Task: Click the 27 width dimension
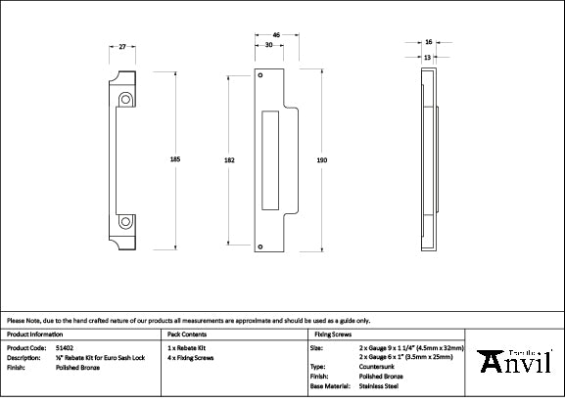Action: pyautogui.click(x=120, y=46)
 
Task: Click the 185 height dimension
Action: pyautogui.click(x=175, y=157)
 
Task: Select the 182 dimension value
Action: pyautogui.click(x=228, y=159)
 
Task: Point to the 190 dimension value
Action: pyautogui.click(x=322, y=159)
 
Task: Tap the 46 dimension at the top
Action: pyautogui.click(x=276, y=36)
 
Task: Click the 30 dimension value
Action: pyautogui.click(x=268, y=46)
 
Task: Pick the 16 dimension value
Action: pyautogui.click(x=429, y=43)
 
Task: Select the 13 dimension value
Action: pyautogui.click(x=429, y=57)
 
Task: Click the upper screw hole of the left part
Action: pyautogui.click(x=126, y=99)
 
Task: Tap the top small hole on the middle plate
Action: pyautogui.click(x=260, y=74)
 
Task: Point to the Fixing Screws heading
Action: pyautogui.click(x=332, y=335)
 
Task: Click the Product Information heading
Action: pyautogui.click(x=35, y=335)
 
